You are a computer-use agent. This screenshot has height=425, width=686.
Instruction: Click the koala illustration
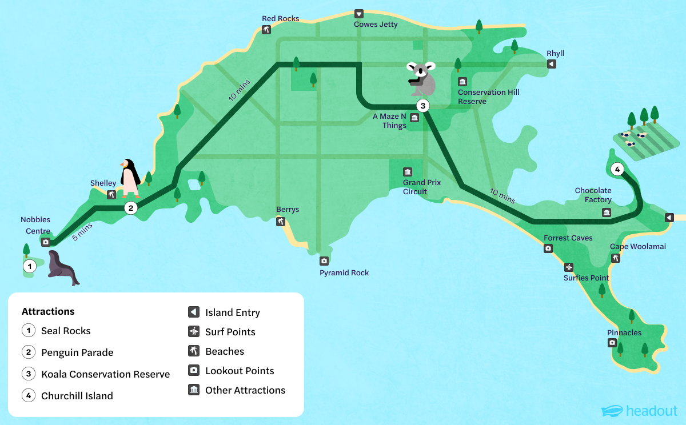[x=422, y=78]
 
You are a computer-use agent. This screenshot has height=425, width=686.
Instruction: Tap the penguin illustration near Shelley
[x=130, y=178]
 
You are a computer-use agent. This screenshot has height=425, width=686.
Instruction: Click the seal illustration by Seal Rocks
[x=62, y=267]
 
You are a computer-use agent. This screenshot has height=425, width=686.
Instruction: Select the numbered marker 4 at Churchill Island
[x=616, y=169]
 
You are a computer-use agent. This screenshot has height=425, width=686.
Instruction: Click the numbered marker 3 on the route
[x=422, y=106]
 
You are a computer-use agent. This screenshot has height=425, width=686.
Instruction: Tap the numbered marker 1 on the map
[x=29, y=266]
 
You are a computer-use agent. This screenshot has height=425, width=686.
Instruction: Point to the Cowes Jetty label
[x=376, y=25]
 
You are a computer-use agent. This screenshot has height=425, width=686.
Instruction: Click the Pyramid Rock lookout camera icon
[x=324, y=261]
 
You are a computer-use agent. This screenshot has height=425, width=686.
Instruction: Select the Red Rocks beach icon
[x=266, y=30]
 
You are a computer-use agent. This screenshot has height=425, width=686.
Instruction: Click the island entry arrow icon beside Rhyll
[x=551, y=64]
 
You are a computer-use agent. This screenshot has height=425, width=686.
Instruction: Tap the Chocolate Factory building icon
[x=606, y=213]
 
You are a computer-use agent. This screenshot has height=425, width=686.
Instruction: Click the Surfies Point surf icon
[x=569, y=267]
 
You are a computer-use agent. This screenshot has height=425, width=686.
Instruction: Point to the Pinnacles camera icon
[x=612, y=343]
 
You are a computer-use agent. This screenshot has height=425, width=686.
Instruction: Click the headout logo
[x=639, y=411]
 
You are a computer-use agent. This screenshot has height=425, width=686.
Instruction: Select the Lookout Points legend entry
[x=240, y=371]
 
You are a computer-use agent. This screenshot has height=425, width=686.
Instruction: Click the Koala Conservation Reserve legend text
[x=105, y=374]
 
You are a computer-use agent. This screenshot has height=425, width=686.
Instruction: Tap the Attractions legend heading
[x=48, y=311]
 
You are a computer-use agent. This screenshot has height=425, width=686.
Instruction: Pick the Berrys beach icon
[x=281, y=222]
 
